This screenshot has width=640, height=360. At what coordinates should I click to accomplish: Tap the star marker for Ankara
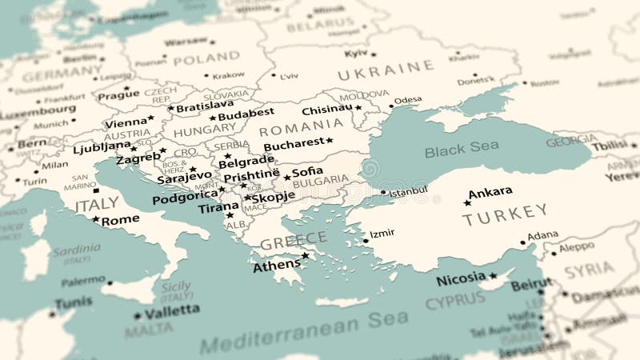(x=467, y=203)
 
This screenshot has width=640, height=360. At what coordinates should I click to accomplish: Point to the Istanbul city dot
(x=382, y=192)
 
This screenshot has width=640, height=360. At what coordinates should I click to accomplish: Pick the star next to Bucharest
(x=329, y=141)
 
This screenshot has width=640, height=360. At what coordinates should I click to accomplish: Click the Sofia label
(x=308, y=171)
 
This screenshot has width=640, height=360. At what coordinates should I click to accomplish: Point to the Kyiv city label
(x=356, y=54)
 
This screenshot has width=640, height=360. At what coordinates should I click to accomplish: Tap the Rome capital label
(x=120, y=220)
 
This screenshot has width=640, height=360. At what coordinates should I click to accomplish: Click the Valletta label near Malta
(x=172, y=310)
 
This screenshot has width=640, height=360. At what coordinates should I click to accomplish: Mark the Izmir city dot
(x=366, y=240)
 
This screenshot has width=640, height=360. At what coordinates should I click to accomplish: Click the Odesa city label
(x=408, y=100)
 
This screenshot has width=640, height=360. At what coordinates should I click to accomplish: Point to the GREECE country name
(x=294, y=238)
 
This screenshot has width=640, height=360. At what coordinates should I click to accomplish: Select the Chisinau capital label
(x=327, y=109)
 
